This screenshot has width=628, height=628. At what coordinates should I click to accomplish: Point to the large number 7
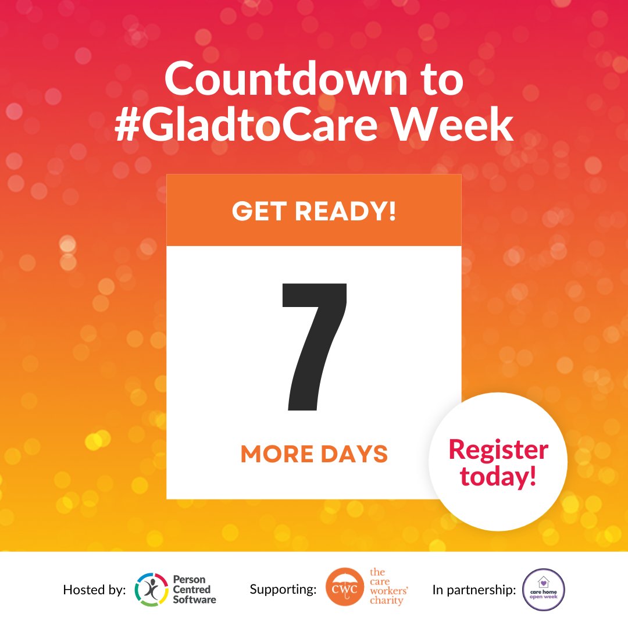tap(315, 345)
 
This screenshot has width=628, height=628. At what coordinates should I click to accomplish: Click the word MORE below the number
tap(273, 454)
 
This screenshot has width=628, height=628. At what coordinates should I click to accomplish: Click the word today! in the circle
tap(498, 477)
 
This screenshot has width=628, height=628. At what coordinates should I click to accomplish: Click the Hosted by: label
tap(94, 590)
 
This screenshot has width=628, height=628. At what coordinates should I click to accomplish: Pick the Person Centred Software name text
tap(194, 590)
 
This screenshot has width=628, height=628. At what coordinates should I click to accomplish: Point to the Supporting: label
tap(283, 590)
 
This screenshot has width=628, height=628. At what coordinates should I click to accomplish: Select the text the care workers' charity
tap(389, 587)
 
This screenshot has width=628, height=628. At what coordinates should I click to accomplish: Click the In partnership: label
tap(474, 590)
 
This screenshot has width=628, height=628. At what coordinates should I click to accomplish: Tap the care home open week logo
tap(543, 590)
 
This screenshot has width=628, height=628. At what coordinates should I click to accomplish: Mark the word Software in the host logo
tap(194, 600)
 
